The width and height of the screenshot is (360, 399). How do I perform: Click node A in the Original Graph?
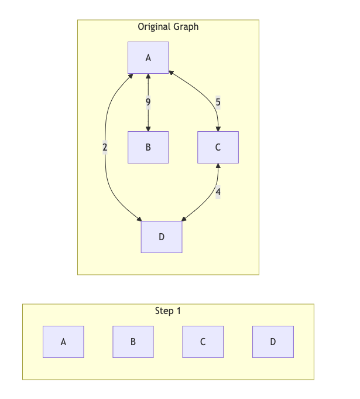tap(148, 57)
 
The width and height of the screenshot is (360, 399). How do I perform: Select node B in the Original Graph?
tap(148, 147)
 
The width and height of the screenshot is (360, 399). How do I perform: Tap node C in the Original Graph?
tap(218, 147)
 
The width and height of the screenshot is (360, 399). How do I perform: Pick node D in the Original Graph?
tap(162, 237)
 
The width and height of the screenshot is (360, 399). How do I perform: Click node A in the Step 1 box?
tap(63, 342)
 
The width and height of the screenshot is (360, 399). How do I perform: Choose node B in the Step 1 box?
tap(133, 342)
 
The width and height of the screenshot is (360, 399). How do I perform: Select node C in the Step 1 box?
tap(203, 342)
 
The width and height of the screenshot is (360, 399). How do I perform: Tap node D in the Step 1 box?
tap(273, 342)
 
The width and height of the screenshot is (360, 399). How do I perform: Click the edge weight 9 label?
tap(148, 103)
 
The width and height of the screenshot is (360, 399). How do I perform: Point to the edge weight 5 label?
tap(218, 103)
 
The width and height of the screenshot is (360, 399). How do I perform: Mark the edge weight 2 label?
tap(105, 147)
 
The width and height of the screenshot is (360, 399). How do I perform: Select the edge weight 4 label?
tap(218, 192)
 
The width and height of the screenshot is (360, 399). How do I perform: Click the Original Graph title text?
tap(168, 26)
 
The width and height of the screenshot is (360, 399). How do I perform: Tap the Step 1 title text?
tap(168, 311)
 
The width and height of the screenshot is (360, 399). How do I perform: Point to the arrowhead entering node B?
tap(148, 128)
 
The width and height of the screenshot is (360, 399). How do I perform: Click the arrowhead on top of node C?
tap(218, 128)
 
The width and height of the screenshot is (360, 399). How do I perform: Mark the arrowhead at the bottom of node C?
tap(218, 166)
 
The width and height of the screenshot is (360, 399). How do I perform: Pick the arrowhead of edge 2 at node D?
tap(139, 219)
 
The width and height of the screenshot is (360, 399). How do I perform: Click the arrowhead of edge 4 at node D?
tap(184, 219)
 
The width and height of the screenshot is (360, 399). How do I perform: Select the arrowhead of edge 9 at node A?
tap(148, 77)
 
